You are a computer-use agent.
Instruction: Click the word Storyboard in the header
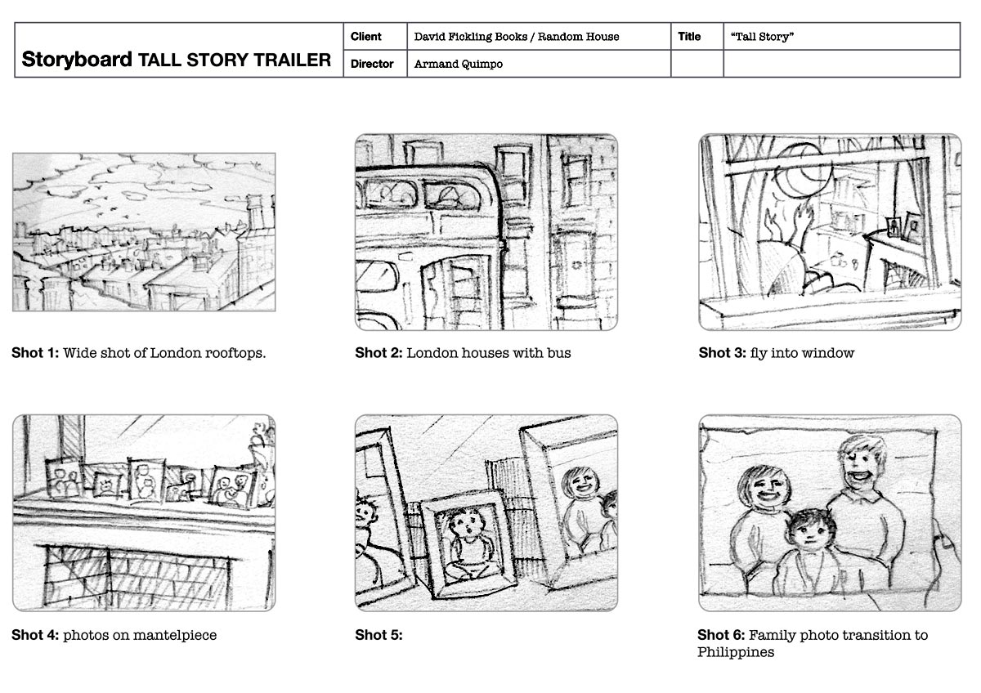(77, 59)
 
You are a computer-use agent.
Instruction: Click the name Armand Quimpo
(458, 64)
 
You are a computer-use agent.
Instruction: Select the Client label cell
(375, 36)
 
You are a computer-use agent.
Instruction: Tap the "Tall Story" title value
(762, 36)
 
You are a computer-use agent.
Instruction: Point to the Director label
(372, 64)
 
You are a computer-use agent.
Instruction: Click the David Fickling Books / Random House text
(517, 36)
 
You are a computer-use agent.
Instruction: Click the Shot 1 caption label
(35, 353)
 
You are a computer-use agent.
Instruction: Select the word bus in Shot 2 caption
(559, 353)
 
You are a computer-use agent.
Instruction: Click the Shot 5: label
(379, 635)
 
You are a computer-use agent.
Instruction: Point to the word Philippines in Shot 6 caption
(736, 652)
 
